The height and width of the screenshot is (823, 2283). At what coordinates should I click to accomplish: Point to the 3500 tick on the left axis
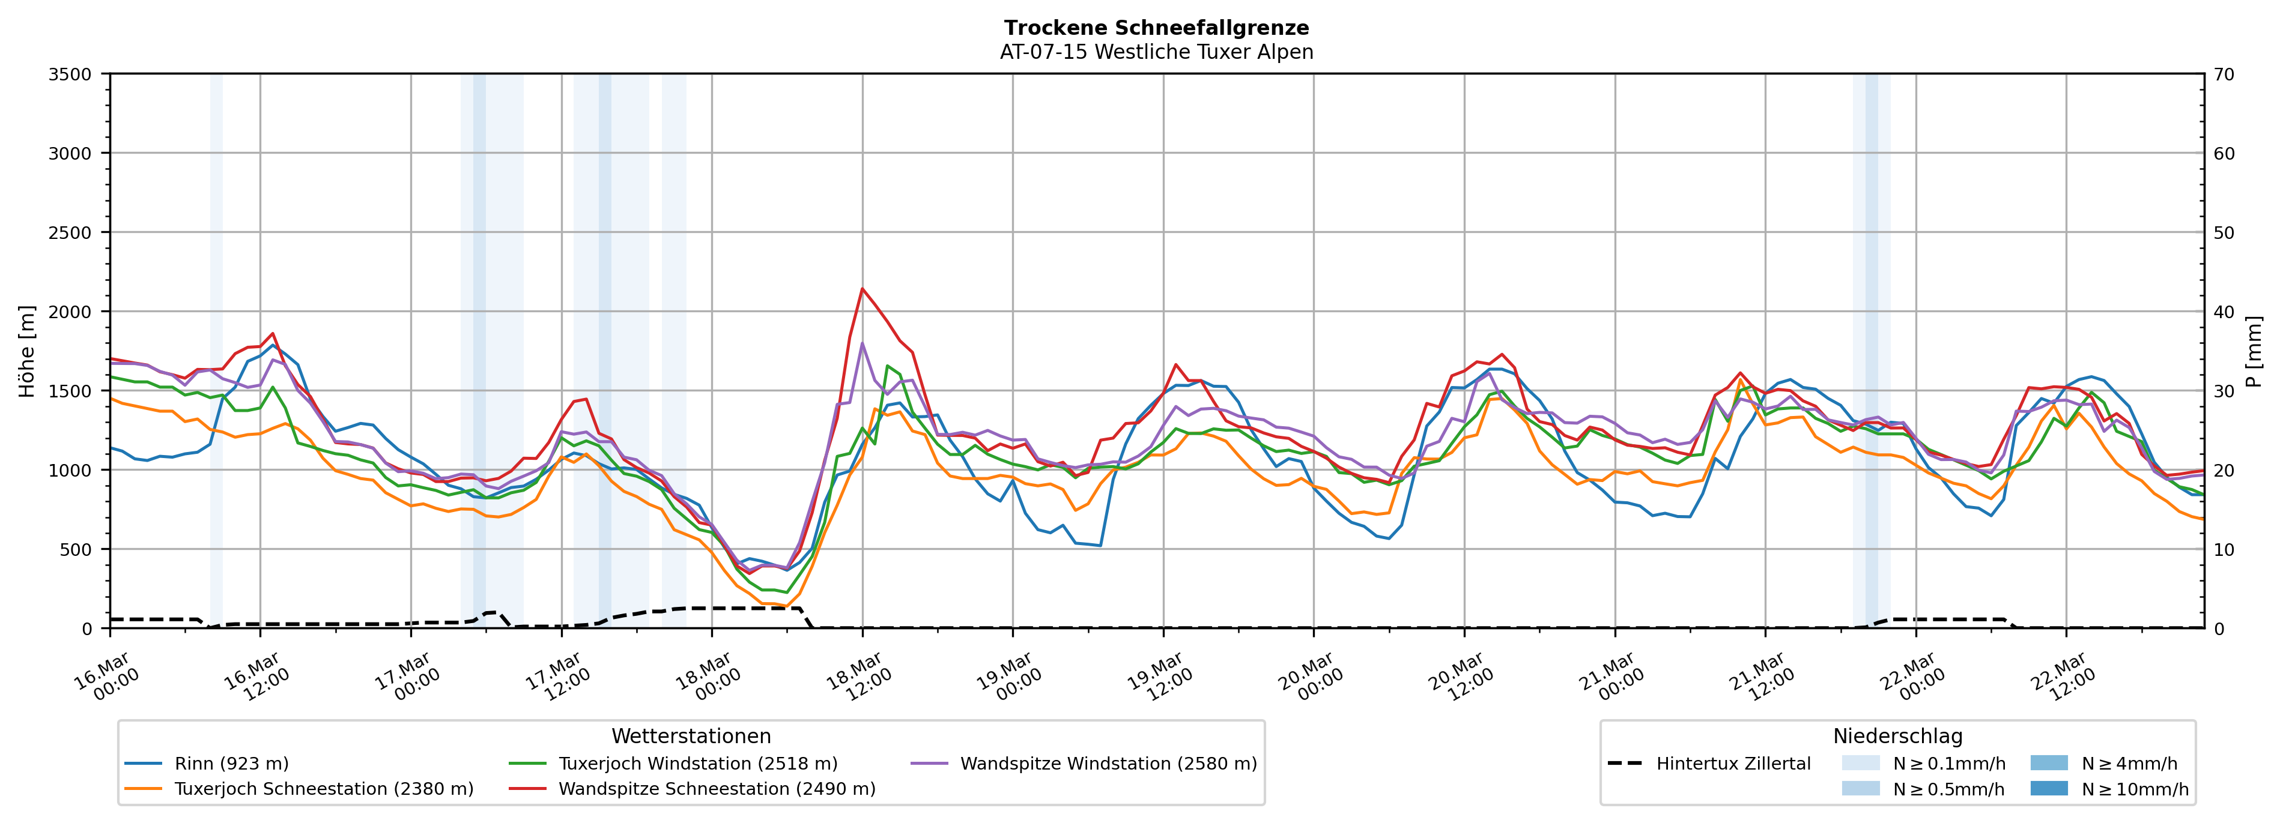click(70, 74)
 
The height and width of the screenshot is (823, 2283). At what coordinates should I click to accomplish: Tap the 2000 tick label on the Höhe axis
click(70, 312)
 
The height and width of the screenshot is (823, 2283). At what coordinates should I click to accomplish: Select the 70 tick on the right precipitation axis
click(2224, 74)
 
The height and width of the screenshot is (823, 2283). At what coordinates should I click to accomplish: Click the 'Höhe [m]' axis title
click(28, 352)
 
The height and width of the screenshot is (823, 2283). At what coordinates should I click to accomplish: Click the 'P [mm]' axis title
click(2254, 352)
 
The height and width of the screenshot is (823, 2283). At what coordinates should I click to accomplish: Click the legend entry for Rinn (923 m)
click(231, 764)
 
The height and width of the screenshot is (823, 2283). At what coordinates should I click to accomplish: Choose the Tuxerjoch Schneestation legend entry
click(324, 788)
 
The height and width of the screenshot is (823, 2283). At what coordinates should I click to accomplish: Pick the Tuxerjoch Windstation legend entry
click(697, 764)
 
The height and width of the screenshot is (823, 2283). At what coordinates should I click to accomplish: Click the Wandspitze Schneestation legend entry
click(716, 788)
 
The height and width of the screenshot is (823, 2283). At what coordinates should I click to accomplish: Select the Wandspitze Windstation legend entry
click(1108, 764)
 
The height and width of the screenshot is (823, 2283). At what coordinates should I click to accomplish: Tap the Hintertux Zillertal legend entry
click(1733, 764)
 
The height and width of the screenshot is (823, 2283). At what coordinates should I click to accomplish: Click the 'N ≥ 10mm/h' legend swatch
click(2048, 788)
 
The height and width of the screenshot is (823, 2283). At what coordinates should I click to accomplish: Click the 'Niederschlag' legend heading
click(1897, 736)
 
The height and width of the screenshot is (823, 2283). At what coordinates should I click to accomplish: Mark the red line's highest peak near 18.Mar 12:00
click(863, 289)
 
